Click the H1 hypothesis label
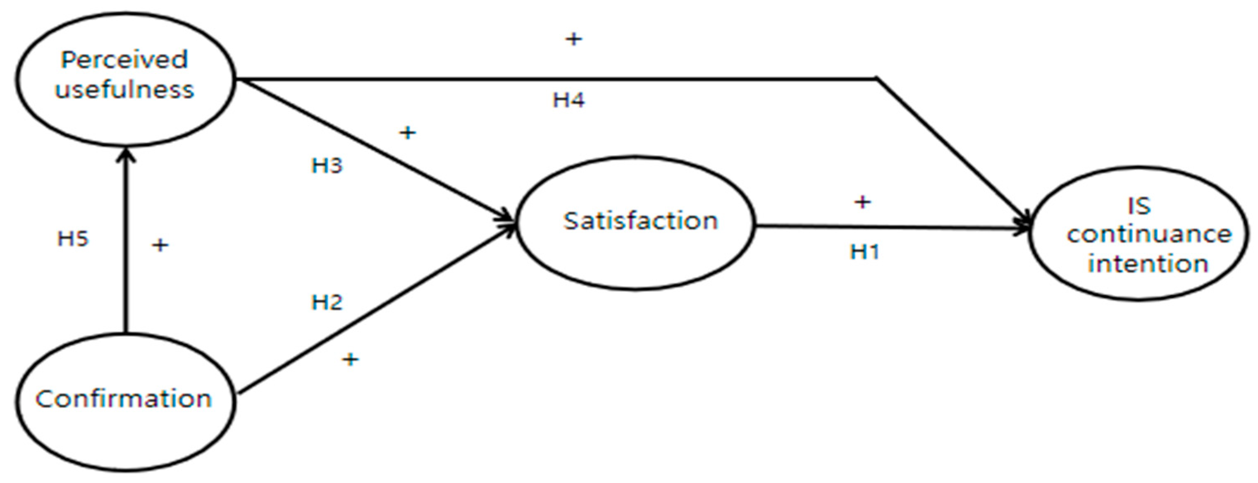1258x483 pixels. pyautogui.click(x=865, y=252)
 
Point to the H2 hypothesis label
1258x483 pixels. pyautogui.click(x=327, y=302)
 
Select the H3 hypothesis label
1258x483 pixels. pyautogui.click(x=327, y=166)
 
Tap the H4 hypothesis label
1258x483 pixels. pyautogui.click(x=568, y=100)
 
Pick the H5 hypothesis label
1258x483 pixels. pyautogui.click(x=73, y=239)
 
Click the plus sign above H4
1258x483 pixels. pyautogui.click(x=574, y=39)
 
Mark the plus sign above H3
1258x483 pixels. pyautogui.click(x=408, y=132)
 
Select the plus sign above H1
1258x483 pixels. pyautogui.click(x=862, y=202)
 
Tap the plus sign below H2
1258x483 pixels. pyautogui.click(x=350, y=360)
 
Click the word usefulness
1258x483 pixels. pyautogui.click(x=125, y=90)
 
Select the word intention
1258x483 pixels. pyautogui.click(x=1148, y=264)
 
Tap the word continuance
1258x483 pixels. pyautogui.click(x=1149, y=235)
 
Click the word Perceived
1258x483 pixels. pyautogui.click(x=124, y=60)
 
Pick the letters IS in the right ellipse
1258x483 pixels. pyautogui.click(x=1139, y=206)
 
